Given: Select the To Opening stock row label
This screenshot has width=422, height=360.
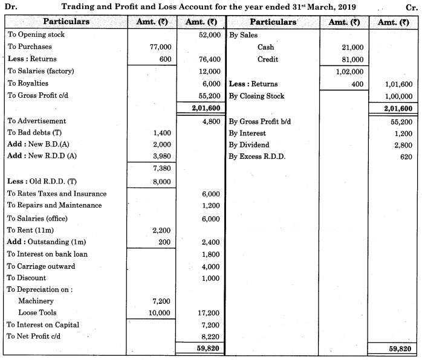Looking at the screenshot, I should pyautogui.click(x=36, y=34).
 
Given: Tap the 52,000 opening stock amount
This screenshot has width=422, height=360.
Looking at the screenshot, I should pyautogui.click(x=205, y=34).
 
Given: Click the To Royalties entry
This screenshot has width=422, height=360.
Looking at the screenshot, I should pyautogui.click(x=28, y=83).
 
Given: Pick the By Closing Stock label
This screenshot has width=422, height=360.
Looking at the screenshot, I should pyautogui.click(x=256, y=96).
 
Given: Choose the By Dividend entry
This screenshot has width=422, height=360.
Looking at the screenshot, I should pyautogui.click(x=249, y=145).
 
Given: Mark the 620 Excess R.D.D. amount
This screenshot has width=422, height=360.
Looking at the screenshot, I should pyautogui.click(x=405, y=157).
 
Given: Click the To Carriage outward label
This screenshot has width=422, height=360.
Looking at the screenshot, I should pyautogui.click(x=41, y=266).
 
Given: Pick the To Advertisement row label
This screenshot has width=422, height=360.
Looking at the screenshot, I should pyautogui.click(x=37, y=121).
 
